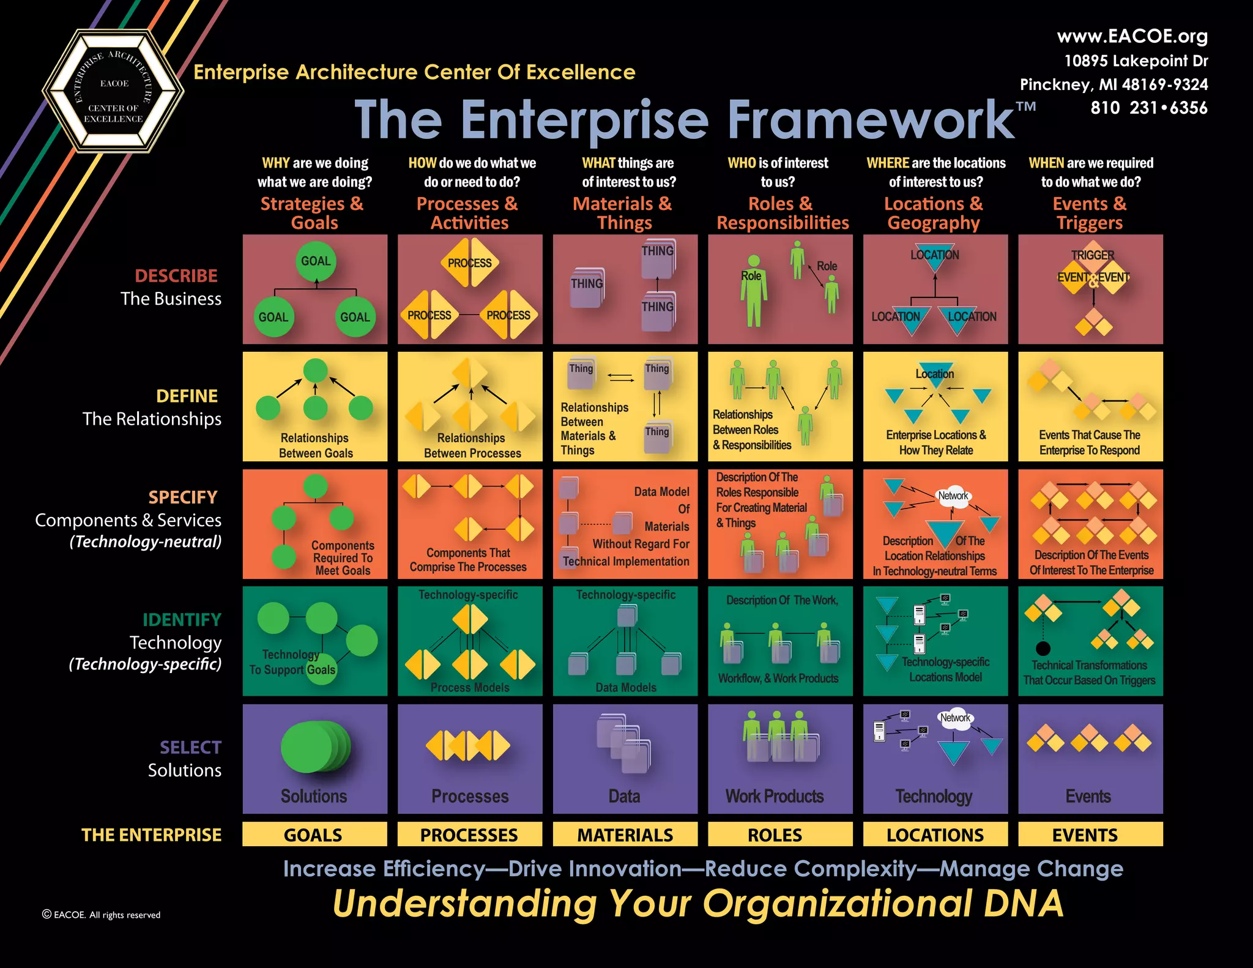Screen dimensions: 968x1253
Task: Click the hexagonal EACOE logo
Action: click(x=113, y=91)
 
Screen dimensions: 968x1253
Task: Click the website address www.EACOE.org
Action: click(x=1132, y=36)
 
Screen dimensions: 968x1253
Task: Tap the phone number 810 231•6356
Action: click(x=1148, y=108)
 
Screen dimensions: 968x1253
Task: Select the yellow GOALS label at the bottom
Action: click(x=314, y=835)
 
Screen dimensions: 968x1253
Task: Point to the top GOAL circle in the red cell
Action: click(x=316, y=261)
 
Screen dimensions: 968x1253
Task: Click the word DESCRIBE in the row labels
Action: click(x=176, y=276)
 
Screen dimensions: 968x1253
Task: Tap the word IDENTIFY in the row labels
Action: click(x=182, y=620)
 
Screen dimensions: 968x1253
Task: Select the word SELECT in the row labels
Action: click(x=190, y=747)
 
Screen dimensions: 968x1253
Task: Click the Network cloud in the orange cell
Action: click(x=953, y=496)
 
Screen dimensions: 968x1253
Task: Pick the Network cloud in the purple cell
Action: click(x=955, y=718)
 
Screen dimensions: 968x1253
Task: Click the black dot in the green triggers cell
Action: click(x=1043, y=649)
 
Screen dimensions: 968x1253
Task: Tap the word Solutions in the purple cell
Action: click(x=314, y=796)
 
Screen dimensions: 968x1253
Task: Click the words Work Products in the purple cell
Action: click(x=775, y=796)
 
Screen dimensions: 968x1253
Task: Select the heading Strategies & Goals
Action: click(x=313, y=213)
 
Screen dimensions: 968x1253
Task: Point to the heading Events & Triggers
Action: click(x=1090, y=213)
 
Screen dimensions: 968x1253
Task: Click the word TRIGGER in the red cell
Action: click(x=1092, y=255)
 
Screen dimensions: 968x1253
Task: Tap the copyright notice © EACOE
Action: click(x=101, y=915)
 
